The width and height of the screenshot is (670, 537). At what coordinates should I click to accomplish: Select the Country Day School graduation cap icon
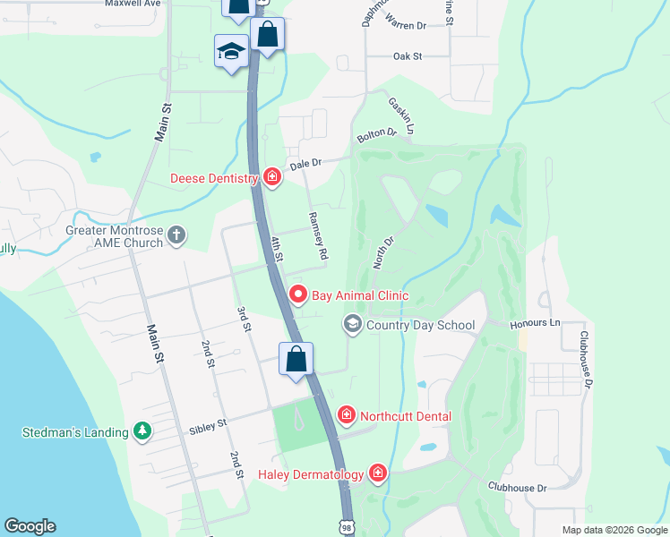click(353, 324)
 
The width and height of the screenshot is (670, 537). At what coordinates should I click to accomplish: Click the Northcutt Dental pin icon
click(347, 415)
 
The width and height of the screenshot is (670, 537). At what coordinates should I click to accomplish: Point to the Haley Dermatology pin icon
click(378, 473)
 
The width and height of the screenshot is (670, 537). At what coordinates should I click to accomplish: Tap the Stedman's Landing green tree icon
click(142, 431)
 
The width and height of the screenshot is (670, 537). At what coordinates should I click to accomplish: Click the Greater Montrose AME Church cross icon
click(176, 236)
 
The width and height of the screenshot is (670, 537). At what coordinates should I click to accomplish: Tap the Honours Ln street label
click(535, 322)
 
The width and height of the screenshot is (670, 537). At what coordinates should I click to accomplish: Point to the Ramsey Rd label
click(317, 236)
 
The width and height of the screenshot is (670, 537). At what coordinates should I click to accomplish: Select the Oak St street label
click(407, 56)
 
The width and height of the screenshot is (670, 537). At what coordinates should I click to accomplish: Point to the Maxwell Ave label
click(132, 3)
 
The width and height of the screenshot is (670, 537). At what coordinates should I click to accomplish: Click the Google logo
click(30, 526)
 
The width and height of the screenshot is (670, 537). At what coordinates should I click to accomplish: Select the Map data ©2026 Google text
click(614, 530)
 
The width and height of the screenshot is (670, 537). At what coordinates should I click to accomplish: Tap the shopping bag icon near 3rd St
click(296, 360)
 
